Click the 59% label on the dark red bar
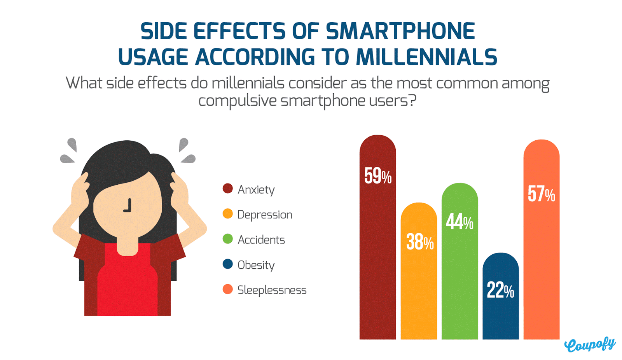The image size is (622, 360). [x=377, y=176]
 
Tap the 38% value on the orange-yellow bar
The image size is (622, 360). [x=419, y=242]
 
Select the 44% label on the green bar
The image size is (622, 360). [x=460, y=222]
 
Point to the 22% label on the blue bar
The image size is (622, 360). [x=500, y=290]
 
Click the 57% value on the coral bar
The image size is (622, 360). [x=541, y=194]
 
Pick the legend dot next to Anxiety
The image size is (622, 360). [x=227, y=189]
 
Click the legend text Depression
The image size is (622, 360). [x=264, y=215]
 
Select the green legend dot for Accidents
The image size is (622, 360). [x=227, y=239]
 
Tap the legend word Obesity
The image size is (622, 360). [x=256, y=265]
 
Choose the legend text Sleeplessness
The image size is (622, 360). [x=272, y=290]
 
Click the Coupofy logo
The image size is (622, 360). [x=589, y=344]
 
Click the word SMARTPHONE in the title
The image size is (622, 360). [x=400, y=31]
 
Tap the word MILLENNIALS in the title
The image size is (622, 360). [x=426, y=58]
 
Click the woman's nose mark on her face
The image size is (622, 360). [x=128, y=206]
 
